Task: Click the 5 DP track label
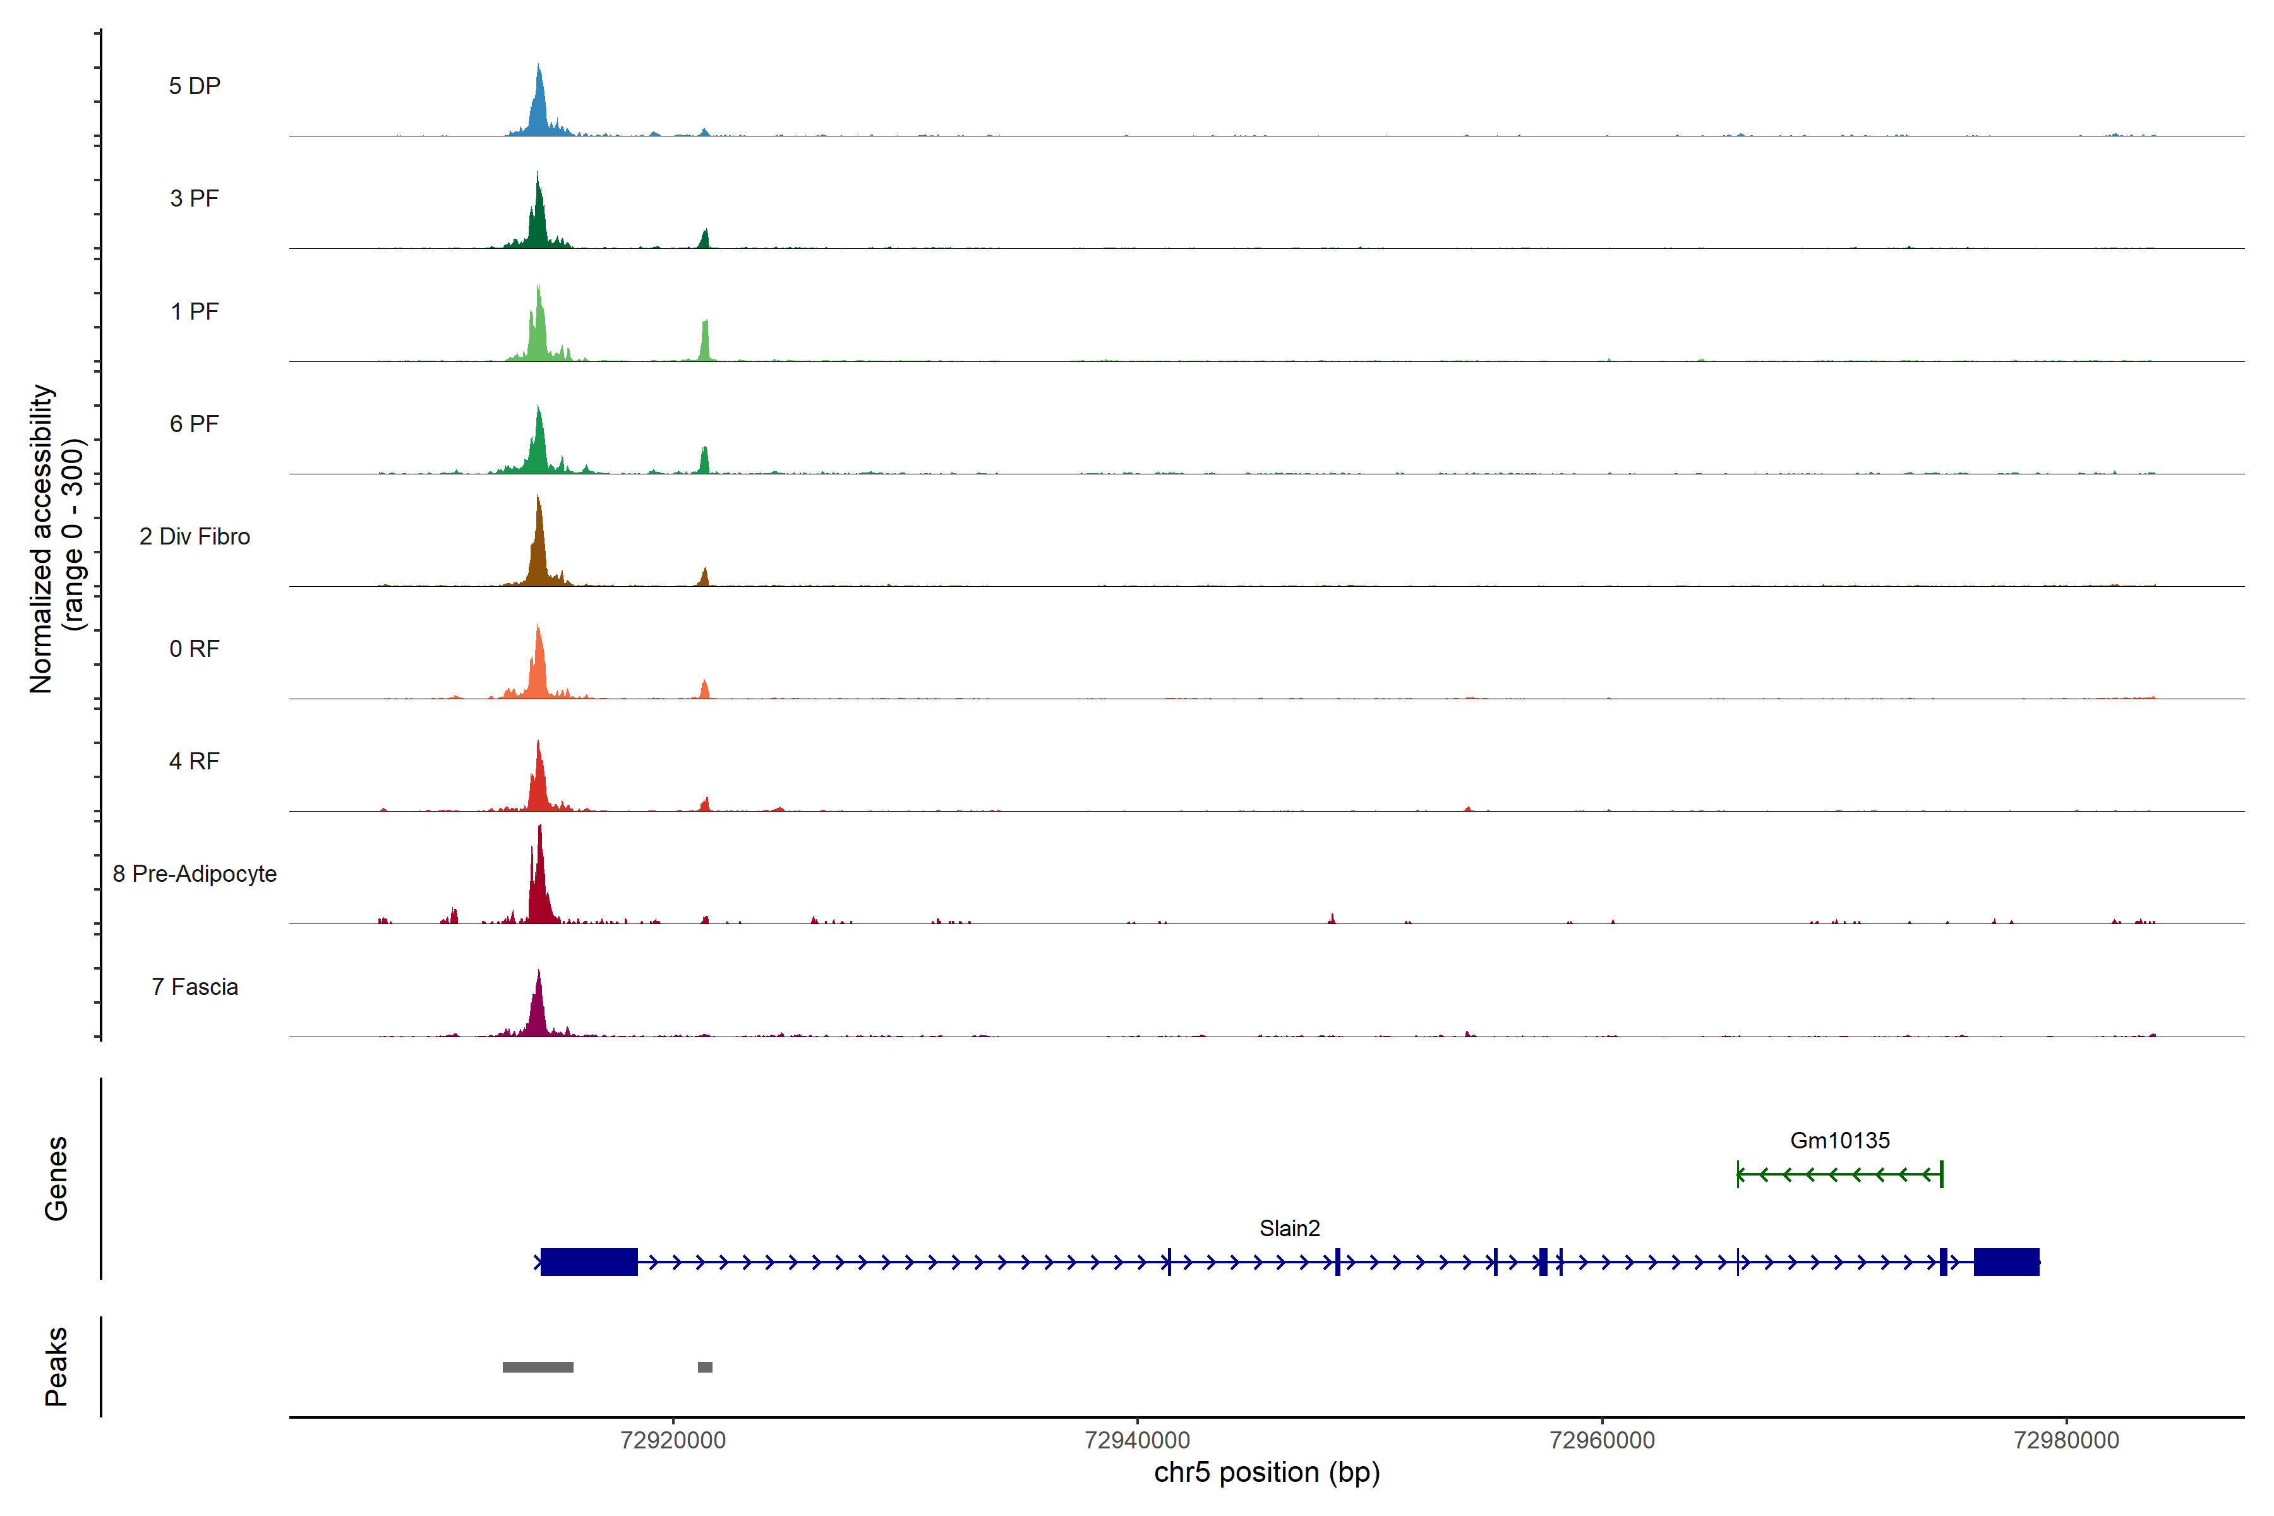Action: point(195,86)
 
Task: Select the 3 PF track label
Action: point(195,198)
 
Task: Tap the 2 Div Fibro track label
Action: point(195,536)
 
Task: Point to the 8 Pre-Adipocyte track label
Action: point(195,874)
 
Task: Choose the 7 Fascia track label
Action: point(195,987)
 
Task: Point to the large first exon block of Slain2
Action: point(589,1261)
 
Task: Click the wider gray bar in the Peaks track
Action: point(538,1367)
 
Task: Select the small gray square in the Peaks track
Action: point(705,1367)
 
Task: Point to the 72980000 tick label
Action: point(2066,1441)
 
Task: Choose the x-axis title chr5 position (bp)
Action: point(1266,1472)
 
